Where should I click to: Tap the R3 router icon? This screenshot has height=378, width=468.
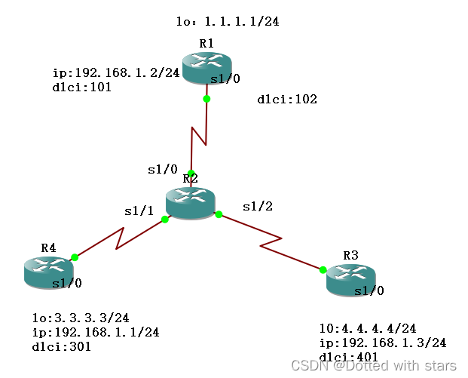tap(350, 278)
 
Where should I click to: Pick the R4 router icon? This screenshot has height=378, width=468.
tap(48, 270)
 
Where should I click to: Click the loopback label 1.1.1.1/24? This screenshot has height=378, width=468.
tap(227, 22)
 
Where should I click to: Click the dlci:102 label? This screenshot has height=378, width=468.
tap(287, 99)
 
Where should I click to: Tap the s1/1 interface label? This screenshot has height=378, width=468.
tap(139, 211)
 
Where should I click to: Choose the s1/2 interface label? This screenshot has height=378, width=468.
tap(256, 205)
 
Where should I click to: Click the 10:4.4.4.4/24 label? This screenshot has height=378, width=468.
tap(367, 329)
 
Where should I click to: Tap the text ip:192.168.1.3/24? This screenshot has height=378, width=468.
tap(383, 343)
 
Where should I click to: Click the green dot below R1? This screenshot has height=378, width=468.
tap(206, 99)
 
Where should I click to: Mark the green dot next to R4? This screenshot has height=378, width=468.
tap(75, 257)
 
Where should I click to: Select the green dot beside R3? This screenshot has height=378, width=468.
tap(323, 269)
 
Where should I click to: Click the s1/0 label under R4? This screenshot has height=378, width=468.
tap(67, 284)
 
